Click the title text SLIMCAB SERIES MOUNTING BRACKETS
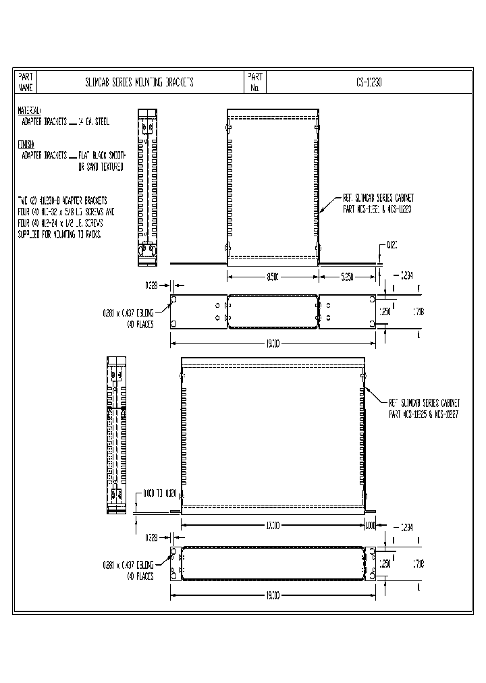point(139,82)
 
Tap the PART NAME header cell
point(26,82)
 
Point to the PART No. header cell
point(255,82)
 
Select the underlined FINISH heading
point(26,144)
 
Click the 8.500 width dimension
point(272,277)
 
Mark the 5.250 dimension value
point(347,277)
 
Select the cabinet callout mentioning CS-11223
point(378,204)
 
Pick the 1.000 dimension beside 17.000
point(370,525)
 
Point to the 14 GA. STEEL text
point(93,121)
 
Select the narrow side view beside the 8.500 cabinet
point(147,184)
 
